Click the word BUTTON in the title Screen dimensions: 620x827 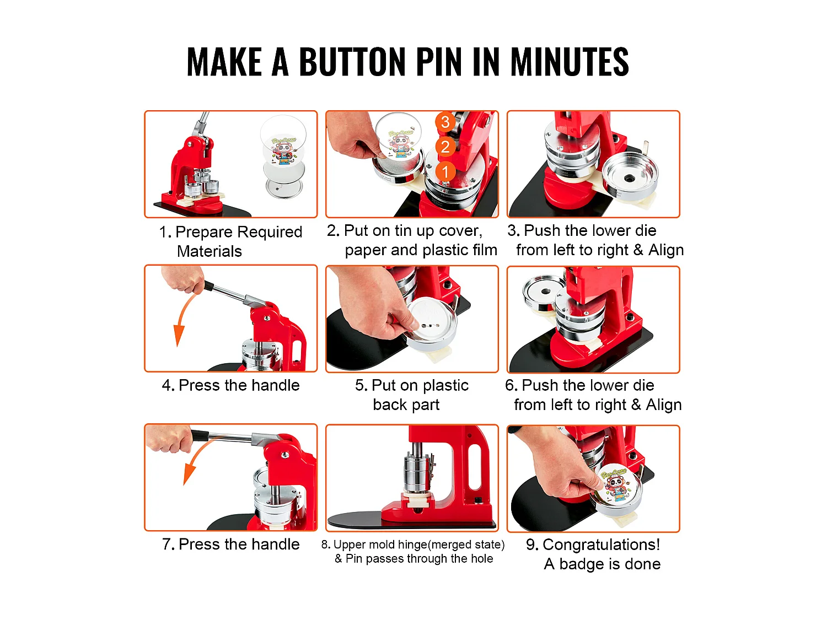tap(353, 62)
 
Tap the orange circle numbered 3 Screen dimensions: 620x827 tap(445, 122)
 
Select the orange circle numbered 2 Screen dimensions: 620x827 tap(445, 147)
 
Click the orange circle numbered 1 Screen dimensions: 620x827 tap(445, 171)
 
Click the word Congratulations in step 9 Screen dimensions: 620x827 tap(600, 544)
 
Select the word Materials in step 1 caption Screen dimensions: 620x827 tap(209, 251)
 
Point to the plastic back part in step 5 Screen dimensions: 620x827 tap(433, 322)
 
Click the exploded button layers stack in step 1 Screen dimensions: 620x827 tap(282, 157)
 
